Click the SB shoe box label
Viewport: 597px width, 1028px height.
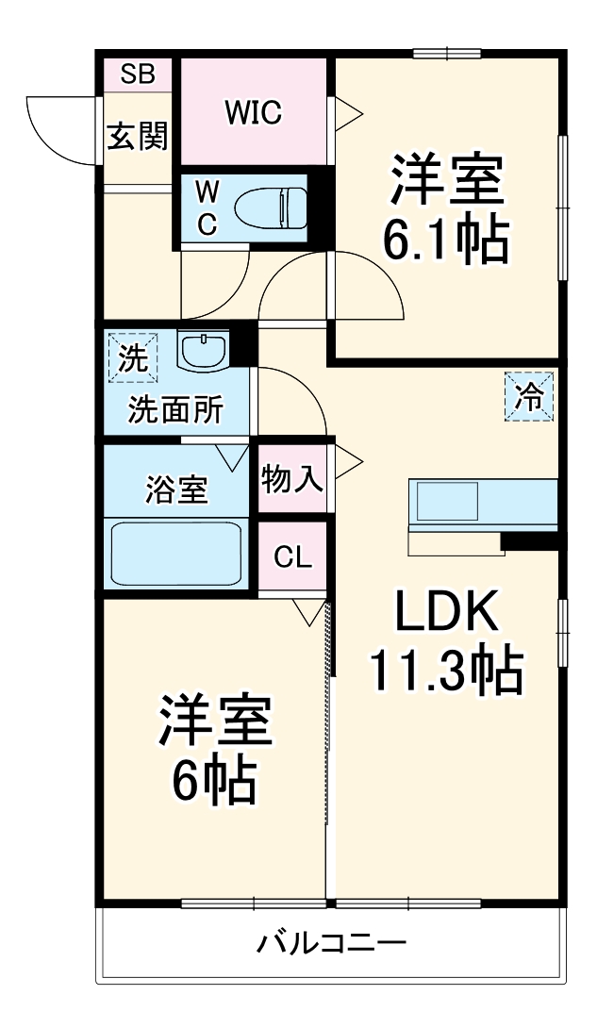[x=138, y=75]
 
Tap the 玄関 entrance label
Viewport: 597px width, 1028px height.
[x=137, y=138]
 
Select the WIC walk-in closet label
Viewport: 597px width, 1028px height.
[x=253, y=112]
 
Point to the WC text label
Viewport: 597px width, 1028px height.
[x=207, y=207]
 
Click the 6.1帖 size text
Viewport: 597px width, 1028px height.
[x=445, y=242]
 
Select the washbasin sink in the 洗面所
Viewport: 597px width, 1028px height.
[x=202, y=352]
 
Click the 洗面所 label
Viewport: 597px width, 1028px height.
[x=175, y=411]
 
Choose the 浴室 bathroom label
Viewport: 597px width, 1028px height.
[x=175, y=490]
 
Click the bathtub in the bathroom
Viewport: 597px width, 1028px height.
[x=177, y=555]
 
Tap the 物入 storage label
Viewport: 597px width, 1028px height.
[x=292, y=480]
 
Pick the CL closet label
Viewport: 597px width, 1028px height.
[x=292, y=556]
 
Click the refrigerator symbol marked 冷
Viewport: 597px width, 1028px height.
[x=528, y=397]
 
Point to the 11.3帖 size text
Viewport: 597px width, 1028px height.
[x=445, y=672]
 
